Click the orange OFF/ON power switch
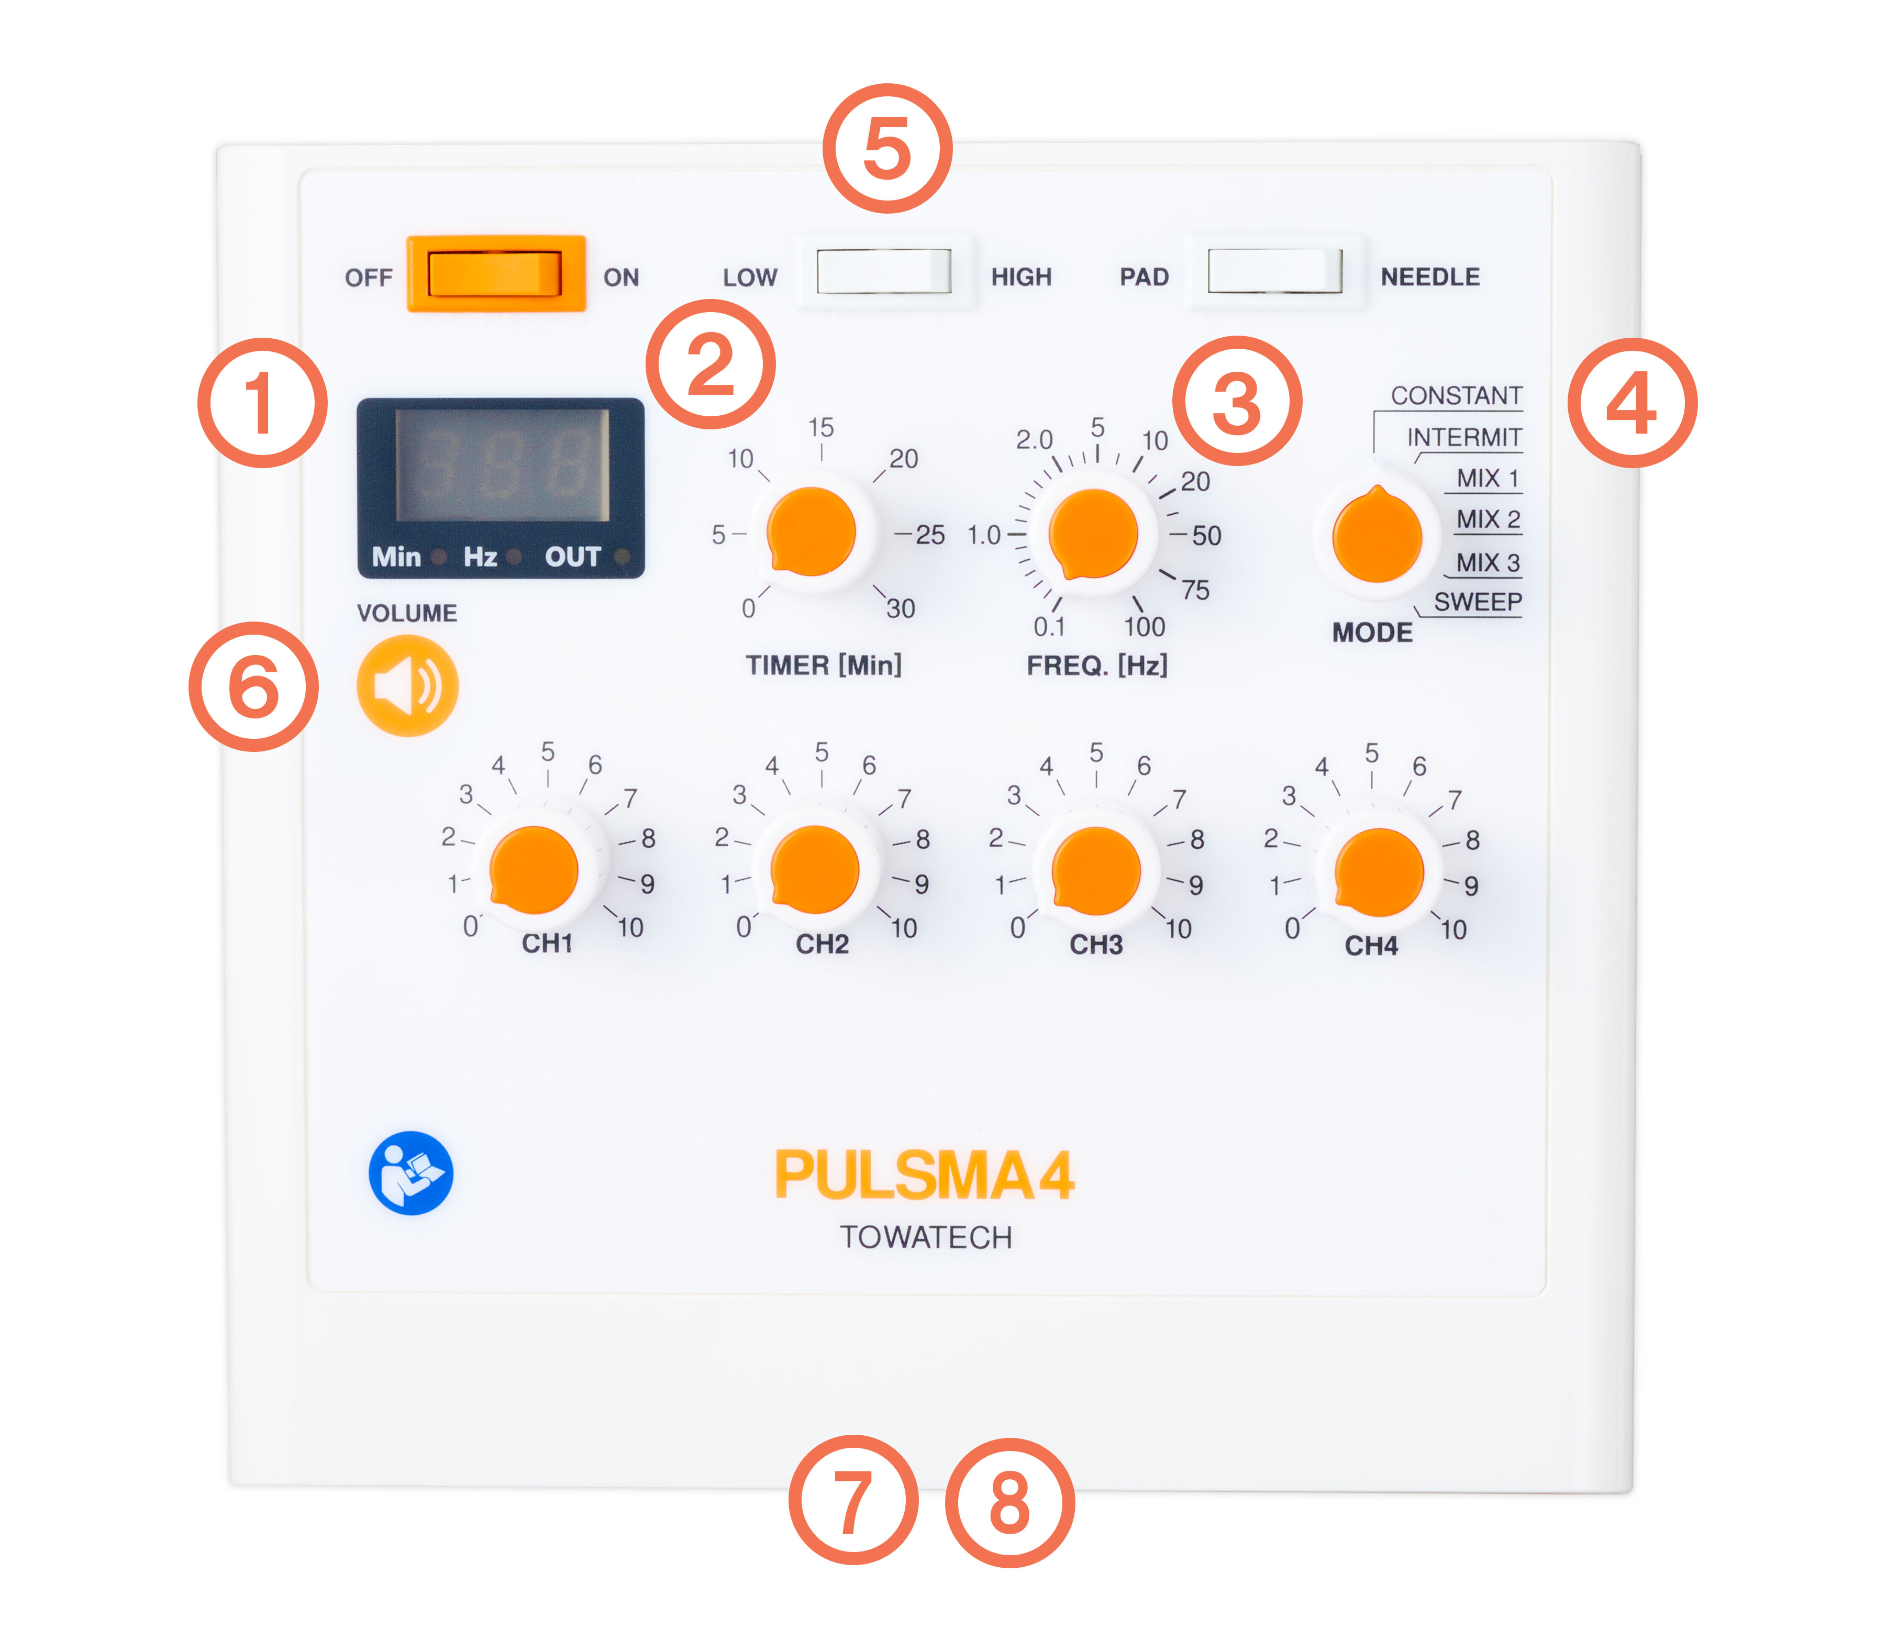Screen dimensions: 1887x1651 (496, 274)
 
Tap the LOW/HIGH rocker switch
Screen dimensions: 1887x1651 (884, 271)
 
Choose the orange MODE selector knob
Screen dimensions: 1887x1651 (1377, 535)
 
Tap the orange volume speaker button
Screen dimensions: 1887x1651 (407, 685)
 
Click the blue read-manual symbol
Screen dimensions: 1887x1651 (411, 1173)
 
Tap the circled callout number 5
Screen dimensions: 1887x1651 (887, 148)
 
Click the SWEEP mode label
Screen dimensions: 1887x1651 (1478, 602)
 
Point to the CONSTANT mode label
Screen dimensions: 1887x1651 (1456, 395)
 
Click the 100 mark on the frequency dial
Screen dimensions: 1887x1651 (1145, 626)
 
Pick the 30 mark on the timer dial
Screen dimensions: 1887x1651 (900, 608)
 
